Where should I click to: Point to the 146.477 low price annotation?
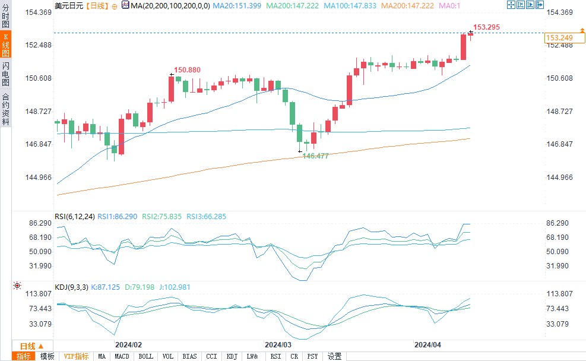(x=315, y=155)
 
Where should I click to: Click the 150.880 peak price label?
(x=187, y=69)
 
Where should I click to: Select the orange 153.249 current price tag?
(x=559, y=38)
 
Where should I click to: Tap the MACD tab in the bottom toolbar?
(x=122, y=356)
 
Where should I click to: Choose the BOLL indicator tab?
(x=145, y=356)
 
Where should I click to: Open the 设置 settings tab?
(x=335, y=356)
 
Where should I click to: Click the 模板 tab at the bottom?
(x=47, y=356)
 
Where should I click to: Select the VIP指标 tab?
(x=77, y=356)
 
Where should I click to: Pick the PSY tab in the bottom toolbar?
(x=313, y=356)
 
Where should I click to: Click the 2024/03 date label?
(x=278, y=344)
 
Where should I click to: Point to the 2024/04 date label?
(x=427, y=344)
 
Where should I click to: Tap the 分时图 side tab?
(x=5, y=16)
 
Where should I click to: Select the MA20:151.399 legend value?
(x=237, y=5)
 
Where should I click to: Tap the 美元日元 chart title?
(x=69, y=5)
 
